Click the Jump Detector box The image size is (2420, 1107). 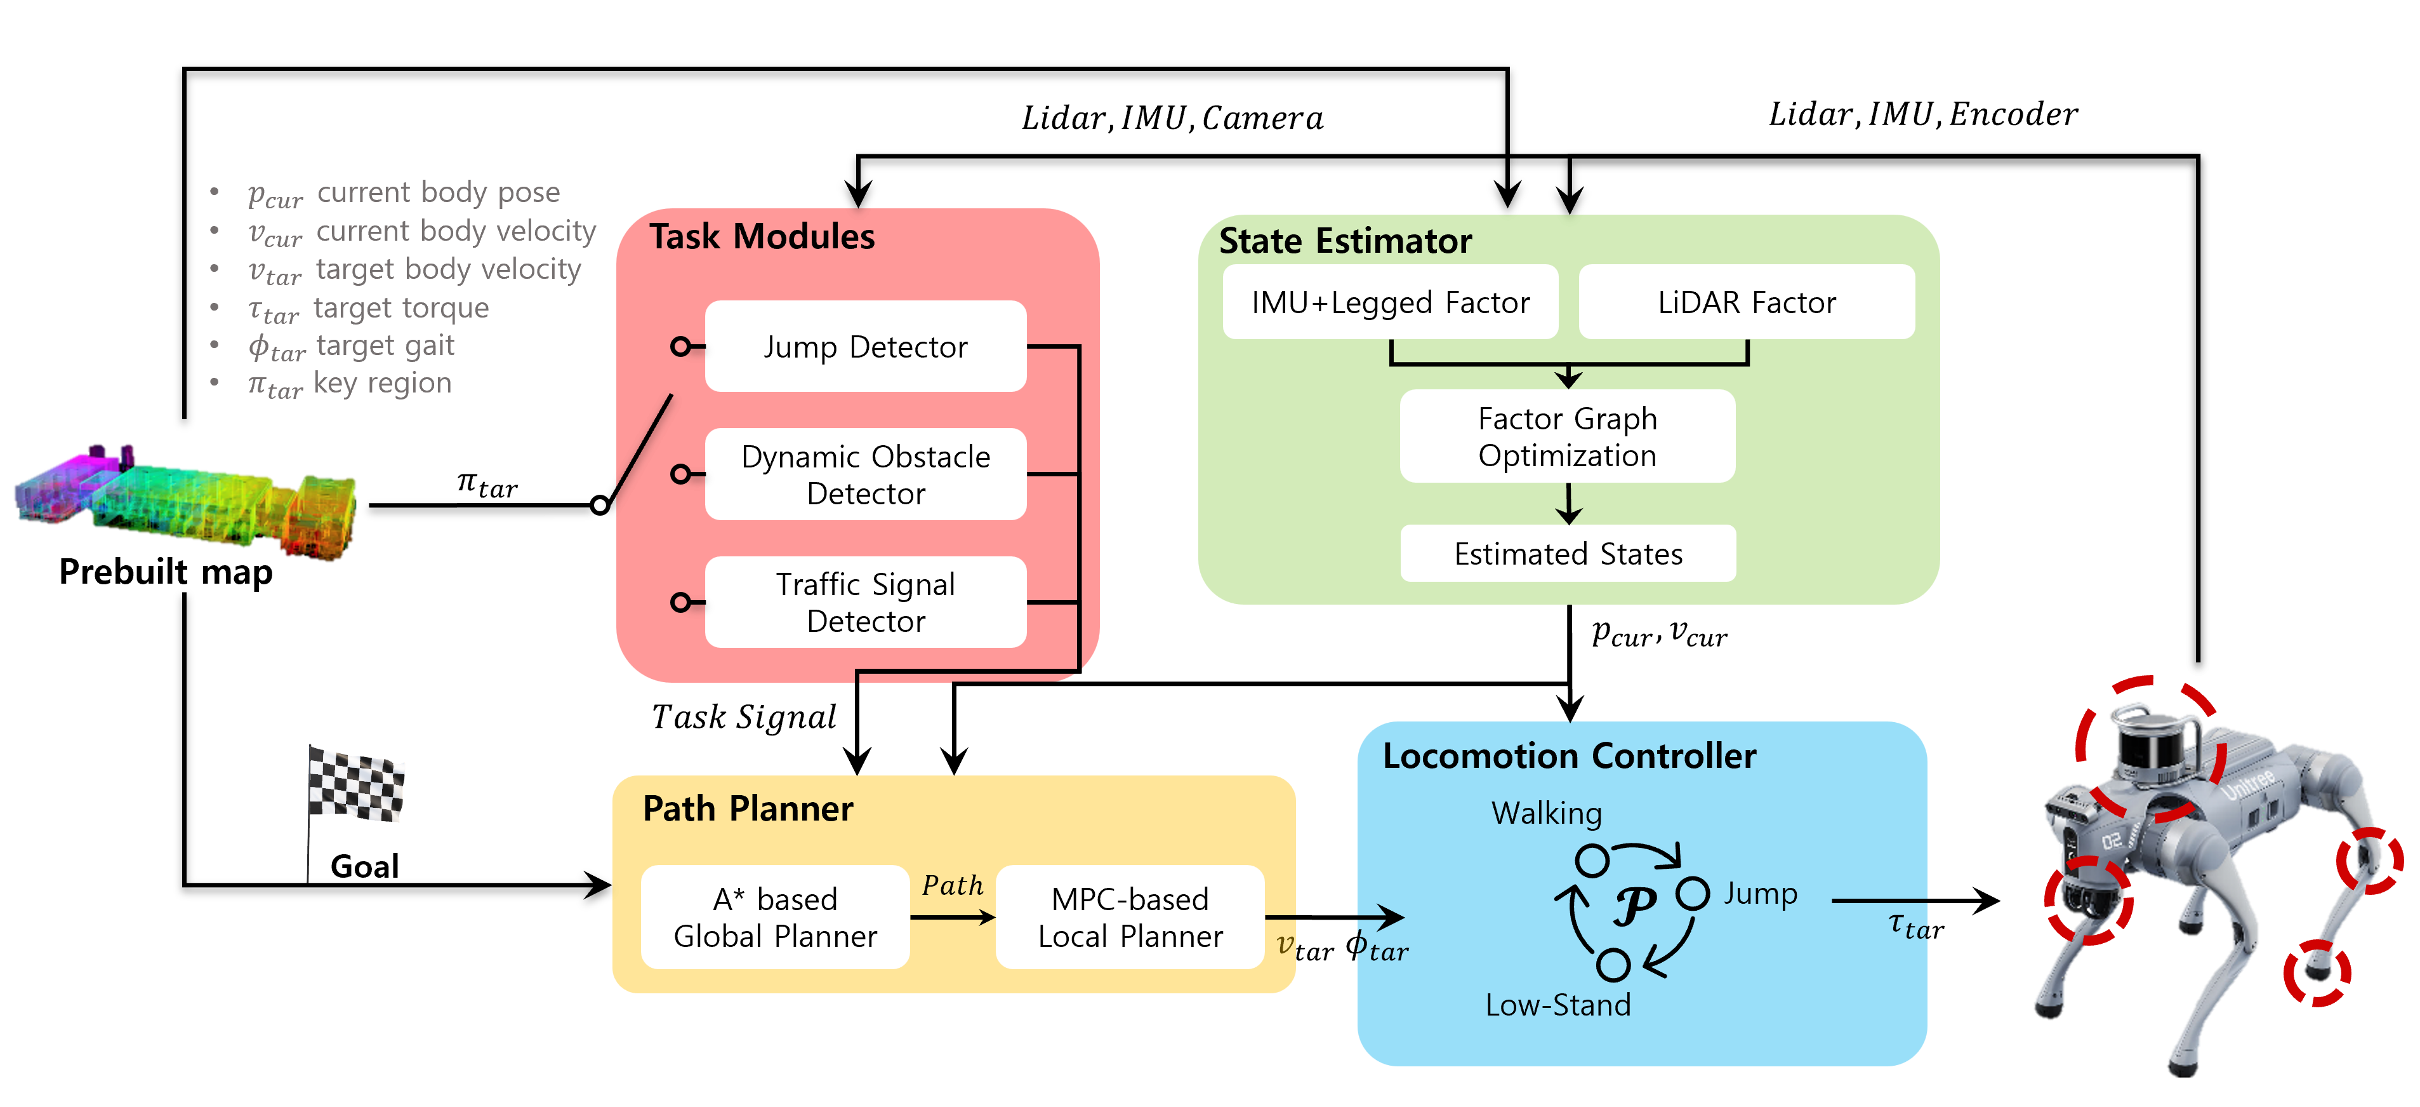(865, 347)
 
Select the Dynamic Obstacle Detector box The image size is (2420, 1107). (865, 474)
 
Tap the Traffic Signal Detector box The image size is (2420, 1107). (865, 602)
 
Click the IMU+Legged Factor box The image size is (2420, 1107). (1391, 302)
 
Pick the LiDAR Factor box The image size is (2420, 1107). (1747, 302)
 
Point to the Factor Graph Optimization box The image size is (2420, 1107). (1567, 437)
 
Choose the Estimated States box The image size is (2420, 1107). (1568, 554)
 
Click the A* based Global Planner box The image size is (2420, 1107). (775, 917)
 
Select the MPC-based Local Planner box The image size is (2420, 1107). (1130, 917)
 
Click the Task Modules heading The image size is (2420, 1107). (762, 237)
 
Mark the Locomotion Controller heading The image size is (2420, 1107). (1569, 756)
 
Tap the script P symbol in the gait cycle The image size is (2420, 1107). (1635, 906)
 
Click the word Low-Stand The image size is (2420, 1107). (1557, 1005)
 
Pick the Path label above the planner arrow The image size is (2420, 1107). (951, 885)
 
